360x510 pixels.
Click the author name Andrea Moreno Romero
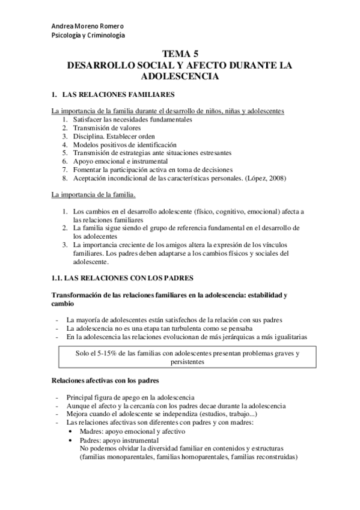[88, 26]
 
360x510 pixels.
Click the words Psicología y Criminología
[88, 35]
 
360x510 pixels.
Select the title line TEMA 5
[180, 54]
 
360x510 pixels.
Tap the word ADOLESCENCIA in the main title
[180, 77]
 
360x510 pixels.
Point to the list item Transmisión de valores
[107, 128]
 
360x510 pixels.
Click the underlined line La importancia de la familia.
[93, 195]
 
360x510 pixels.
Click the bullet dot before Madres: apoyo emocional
[72, 432]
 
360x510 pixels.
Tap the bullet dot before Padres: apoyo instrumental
[72, 440]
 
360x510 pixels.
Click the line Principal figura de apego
[130, 398]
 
